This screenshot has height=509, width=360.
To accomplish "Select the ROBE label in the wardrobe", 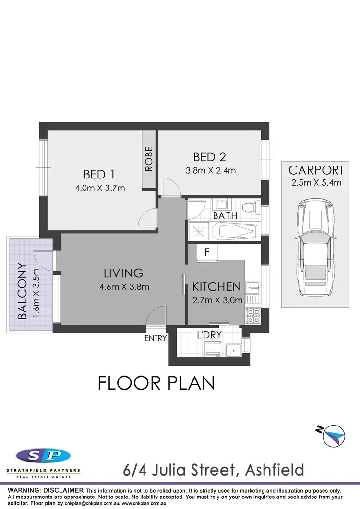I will click(149, 159).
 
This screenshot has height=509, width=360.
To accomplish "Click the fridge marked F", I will click(207, 252).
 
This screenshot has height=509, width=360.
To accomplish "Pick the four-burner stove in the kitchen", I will click(253, 315).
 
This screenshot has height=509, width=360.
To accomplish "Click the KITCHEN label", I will click(216, 287).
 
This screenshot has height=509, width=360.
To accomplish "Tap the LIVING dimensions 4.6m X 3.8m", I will click(123, 287).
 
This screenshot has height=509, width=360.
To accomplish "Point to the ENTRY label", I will click(156, 338).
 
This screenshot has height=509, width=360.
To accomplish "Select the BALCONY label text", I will click(22, 291).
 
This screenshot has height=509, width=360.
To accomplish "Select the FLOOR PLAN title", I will click(156, 383).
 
